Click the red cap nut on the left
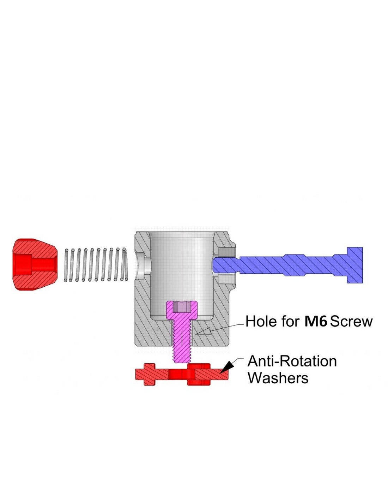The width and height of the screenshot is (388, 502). [x=35, y=265]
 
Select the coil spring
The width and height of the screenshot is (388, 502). [x=96, y=265]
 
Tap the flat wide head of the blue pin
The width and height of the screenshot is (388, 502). [x=355, y=265]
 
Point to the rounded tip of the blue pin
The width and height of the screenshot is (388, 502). [x=216, y=265]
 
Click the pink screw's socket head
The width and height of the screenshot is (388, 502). [x=182, y=310]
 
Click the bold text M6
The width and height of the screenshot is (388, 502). [x=316, y=321]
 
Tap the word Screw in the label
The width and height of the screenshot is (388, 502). [x=351, y=321]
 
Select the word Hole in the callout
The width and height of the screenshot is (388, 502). [x=262, y=321]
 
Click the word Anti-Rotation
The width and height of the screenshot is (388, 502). [x=292, y=361]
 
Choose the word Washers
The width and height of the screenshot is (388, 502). [x=278, y=378]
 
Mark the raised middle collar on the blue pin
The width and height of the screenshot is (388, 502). [x=309, y=265]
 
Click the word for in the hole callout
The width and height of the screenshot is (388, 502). [x=291, y=321]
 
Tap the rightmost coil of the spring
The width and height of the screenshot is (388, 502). [x=125, y=265]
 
